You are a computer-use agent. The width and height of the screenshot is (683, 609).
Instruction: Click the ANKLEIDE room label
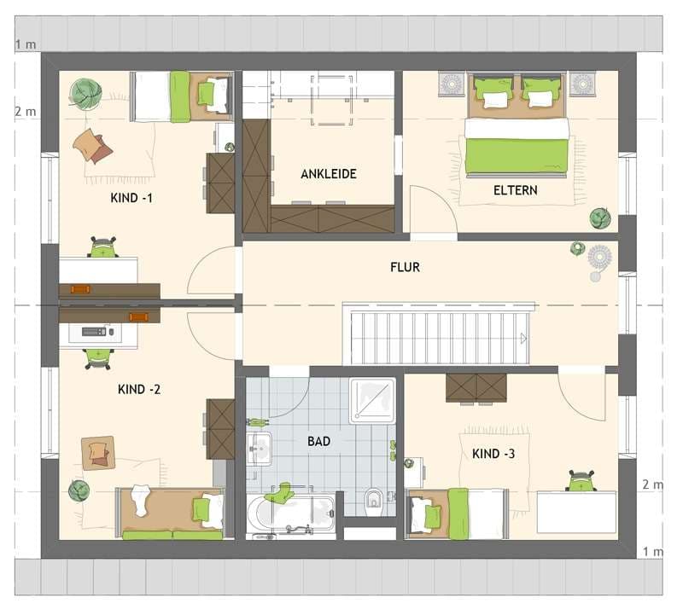point(329,174)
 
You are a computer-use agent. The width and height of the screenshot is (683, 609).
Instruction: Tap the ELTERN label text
point(516,190)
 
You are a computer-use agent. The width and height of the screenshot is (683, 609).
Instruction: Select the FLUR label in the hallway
point(405,267)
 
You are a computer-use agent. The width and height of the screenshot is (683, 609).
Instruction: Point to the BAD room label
point(318,441)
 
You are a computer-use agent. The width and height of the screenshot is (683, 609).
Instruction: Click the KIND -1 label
point(131,198)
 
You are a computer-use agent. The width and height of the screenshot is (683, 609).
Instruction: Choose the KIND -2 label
point(139,389)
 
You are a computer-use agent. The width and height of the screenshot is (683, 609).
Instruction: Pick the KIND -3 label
point(493,454)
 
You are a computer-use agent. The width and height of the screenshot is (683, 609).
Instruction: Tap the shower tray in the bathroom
point(372,401)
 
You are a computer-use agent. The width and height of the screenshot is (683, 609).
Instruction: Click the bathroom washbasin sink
point(260,449)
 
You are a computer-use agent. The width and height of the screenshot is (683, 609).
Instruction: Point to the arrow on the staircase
point(523,339)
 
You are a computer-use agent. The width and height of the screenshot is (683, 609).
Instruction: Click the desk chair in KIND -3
point(581,480)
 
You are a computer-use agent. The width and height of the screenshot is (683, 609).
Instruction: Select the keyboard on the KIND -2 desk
point(94,331)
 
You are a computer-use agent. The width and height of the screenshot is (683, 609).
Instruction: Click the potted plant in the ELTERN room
point(600,218)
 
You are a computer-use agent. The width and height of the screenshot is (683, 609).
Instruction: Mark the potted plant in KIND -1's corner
point(85,93)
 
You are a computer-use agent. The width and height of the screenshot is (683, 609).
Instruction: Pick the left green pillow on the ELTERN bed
point(493,89)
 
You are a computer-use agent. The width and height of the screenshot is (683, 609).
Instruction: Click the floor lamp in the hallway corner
point(599,261)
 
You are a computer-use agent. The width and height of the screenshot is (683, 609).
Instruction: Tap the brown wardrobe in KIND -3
point(476,388)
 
